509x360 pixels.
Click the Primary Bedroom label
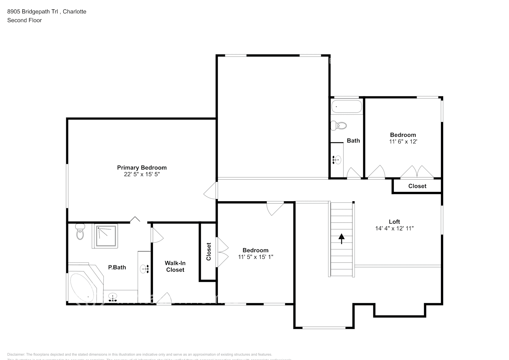click(x=142, y=167)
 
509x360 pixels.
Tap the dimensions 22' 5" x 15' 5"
click(x=142, y=174)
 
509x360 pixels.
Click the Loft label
click(x=394, y=222)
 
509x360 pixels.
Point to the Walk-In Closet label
click(x=175, y=266)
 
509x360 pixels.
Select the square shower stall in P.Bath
click(x=106, y=236)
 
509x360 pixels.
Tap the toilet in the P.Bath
click(x=80, y=232)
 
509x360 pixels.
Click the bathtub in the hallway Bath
click(x=346, y=107)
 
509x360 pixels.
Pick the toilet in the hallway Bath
click(x=339, y=126)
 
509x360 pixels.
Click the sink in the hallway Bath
click(x=337, y=159)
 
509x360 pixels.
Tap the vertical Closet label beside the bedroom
click(x=208, y=252)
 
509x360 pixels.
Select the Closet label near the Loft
click(x=417, y=186)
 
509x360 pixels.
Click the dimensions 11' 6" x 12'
click(x=403, y=141)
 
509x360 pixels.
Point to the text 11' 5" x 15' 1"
click(x=256, y=257)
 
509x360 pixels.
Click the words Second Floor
click(x=24, y=20)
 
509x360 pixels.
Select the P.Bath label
click(x=117, y=267)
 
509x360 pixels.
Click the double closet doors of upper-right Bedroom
click(x=417, y=172)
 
